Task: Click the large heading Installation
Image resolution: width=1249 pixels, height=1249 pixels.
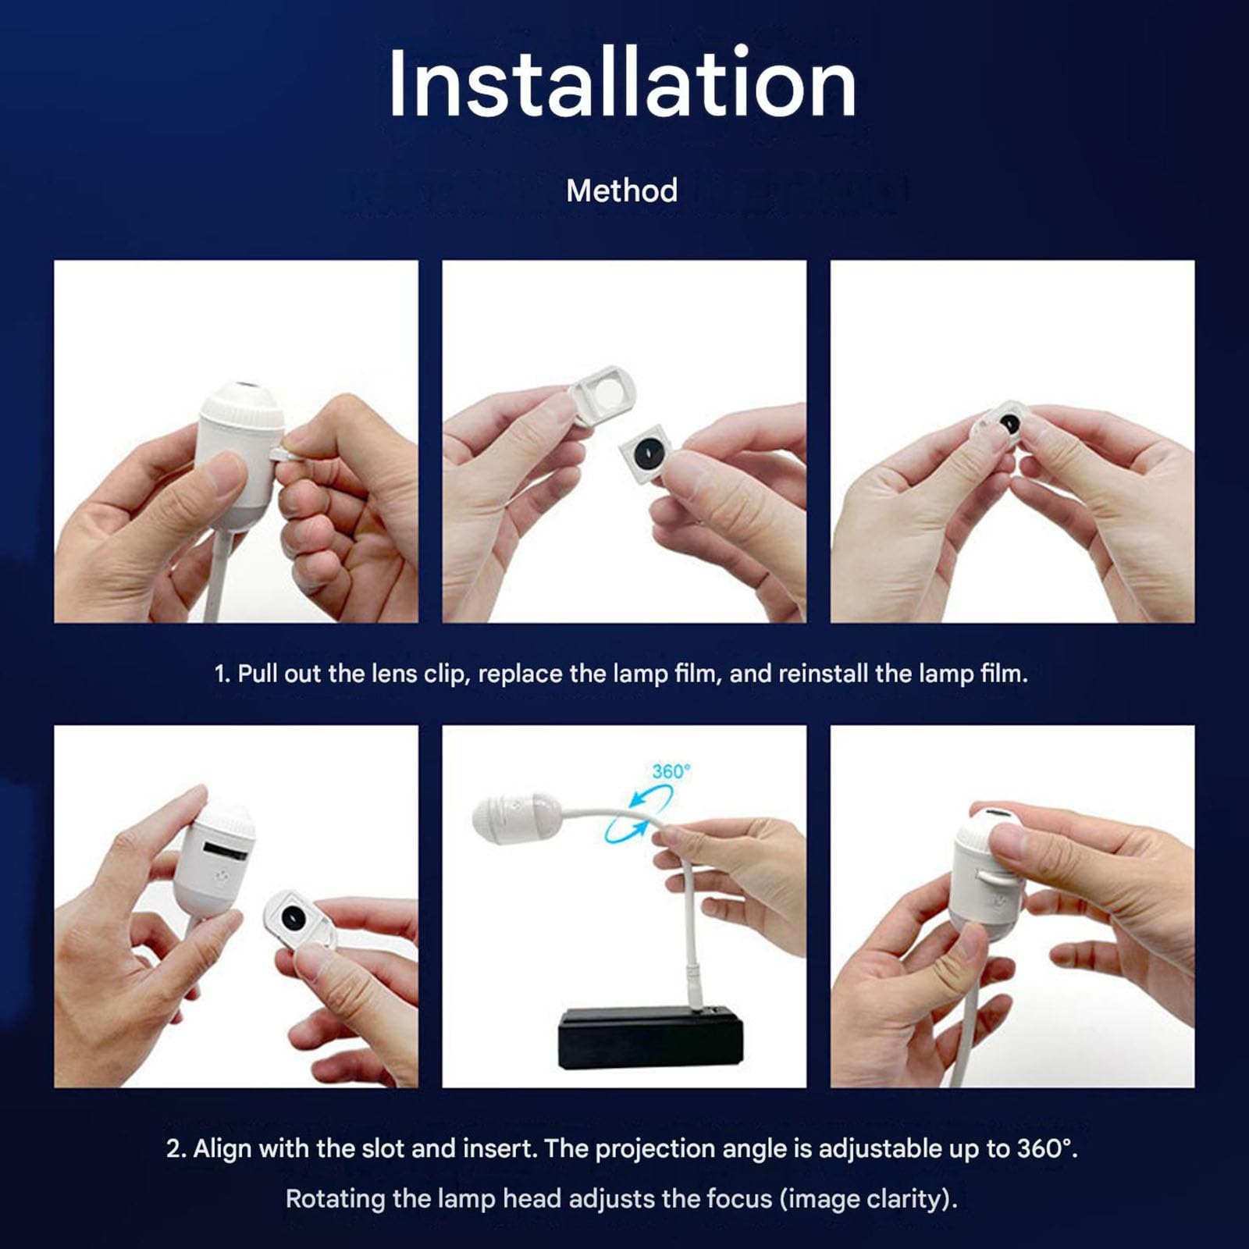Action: click(x=622, y=83)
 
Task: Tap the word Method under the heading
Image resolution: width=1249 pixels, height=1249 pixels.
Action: click(x=622, y=190)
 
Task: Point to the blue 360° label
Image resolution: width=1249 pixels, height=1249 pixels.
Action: click(x=671, y=771)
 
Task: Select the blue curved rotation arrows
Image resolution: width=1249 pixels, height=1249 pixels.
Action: click(x=639, y=813)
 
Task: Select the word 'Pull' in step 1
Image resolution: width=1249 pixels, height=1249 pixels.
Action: click(x=258, y=673)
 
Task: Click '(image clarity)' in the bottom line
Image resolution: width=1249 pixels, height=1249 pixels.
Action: click(x=868, y=1198)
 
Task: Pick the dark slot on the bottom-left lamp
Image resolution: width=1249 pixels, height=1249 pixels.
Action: click(x=226, y=849)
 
